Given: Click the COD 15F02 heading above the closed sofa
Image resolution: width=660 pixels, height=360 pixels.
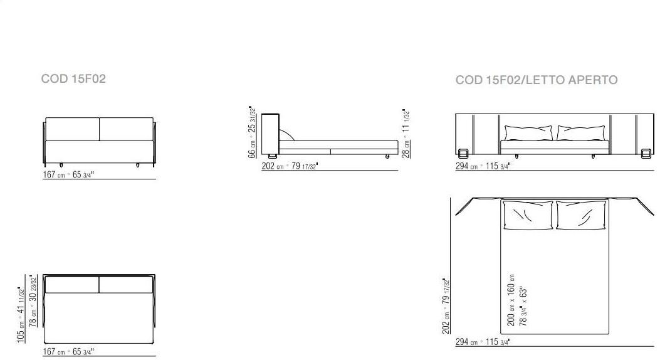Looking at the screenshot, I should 73,79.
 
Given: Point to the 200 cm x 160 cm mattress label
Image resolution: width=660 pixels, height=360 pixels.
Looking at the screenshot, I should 511,299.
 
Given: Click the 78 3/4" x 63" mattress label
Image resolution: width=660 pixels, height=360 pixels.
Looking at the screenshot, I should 524,306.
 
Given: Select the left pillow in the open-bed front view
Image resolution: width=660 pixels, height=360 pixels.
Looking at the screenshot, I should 528,133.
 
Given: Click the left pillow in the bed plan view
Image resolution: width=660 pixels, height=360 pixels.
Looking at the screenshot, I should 527,215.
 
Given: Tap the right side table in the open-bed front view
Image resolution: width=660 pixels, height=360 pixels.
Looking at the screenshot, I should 646,153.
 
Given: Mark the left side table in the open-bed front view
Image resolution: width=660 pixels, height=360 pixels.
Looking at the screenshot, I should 464,153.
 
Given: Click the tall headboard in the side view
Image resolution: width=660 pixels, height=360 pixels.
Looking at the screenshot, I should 270,133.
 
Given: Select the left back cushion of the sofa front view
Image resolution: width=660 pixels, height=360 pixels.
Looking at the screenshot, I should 73,129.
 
